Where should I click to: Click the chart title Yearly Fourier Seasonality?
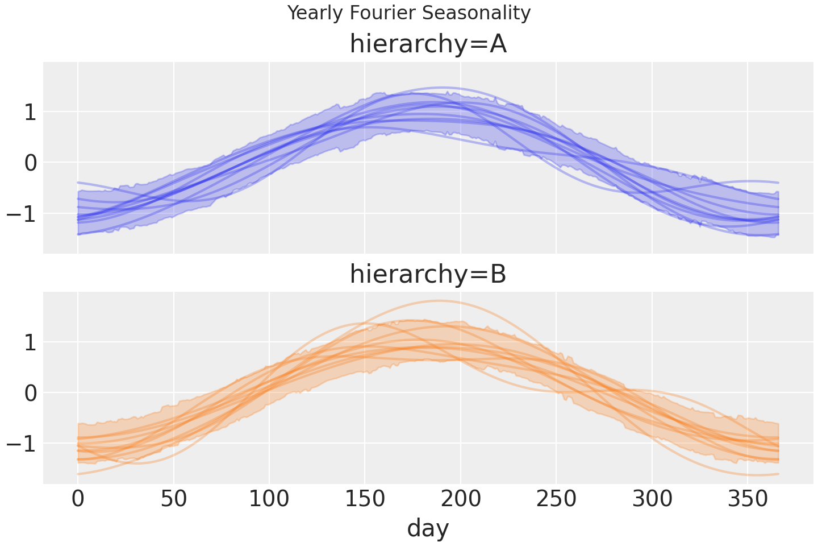[409, 13]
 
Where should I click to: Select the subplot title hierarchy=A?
[428, 44]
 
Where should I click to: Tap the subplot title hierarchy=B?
[428, 274]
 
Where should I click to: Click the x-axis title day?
[428, 528]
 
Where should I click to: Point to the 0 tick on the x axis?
[78, 500]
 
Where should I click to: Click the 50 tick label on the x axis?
[174, 500]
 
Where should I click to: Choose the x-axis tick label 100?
[269, 500]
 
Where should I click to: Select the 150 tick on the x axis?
[365, 500]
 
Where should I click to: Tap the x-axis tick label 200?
[461, 500]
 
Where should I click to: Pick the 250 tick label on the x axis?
[556, 500]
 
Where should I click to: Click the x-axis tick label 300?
[652, 500]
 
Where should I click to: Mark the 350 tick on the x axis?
[748, 500]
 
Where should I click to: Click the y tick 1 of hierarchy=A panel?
[30, 112]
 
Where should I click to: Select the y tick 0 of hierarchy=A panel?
[30, 163]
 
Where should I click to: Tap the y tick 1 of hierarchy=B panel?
[30, 342]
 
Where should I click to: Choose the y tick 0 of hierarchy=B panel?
[30, 393]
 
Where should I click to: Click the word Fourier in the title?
[382, 13]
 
